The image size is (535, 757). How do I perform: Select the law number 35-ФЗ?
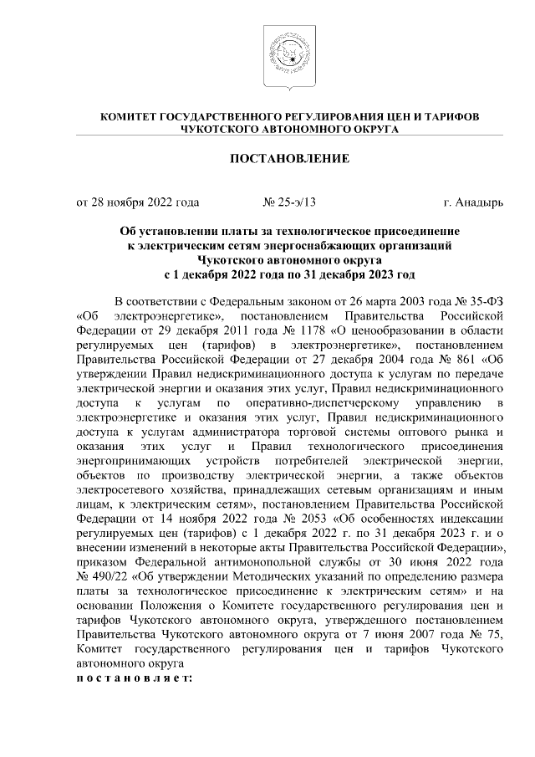pyautogui.click(x=481, y=301)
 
